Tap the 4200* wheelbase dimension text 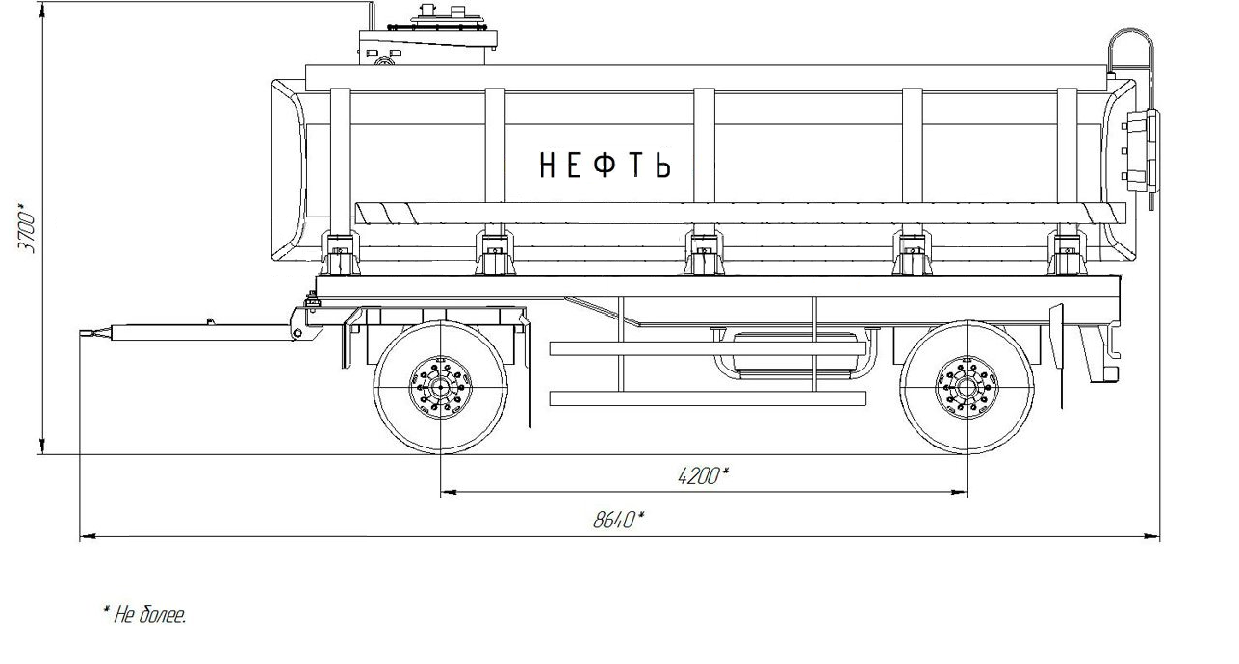(703, 475)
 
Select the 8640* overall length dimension (618, 520)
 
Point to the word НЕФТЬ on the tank (606, 165)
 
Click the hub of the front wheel (440, 388)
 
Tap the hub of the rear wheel (967, 388)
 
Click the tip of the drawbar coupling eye (81, 333)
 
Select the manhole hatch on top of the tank (448, 21)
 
